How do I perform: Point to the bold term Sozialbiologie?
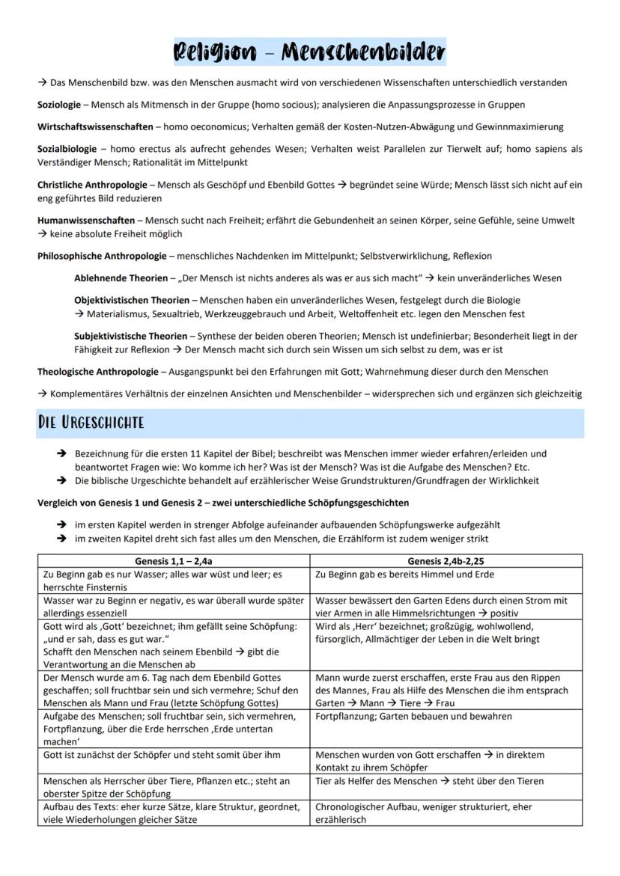[67, 150]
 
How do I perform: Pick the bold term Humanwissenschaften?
[86, 221]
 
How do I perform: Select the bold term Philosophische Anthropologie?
[102, 256]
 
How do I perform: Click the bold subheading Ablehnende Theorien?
[121, 278]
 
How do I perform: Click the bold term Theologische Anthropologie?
[97, 372]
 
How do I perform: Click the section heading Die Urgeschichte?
[91, 423]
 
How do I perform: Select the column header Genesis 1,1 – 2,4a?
[173, 560]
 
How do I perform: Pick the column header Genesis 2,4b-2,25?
[446, 560]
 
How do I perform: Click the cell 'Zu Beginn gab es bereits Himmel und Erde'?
[405, 575]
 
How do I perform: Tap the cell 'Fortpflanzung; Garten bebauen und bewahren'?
[414, 717]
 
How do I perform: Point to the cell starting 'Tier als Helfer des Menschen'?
[430, 781]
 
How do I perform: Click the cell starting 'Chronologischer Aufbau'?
[424, 813]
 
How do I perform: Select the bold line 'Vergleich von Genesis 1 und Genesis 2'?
[222, 502]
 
